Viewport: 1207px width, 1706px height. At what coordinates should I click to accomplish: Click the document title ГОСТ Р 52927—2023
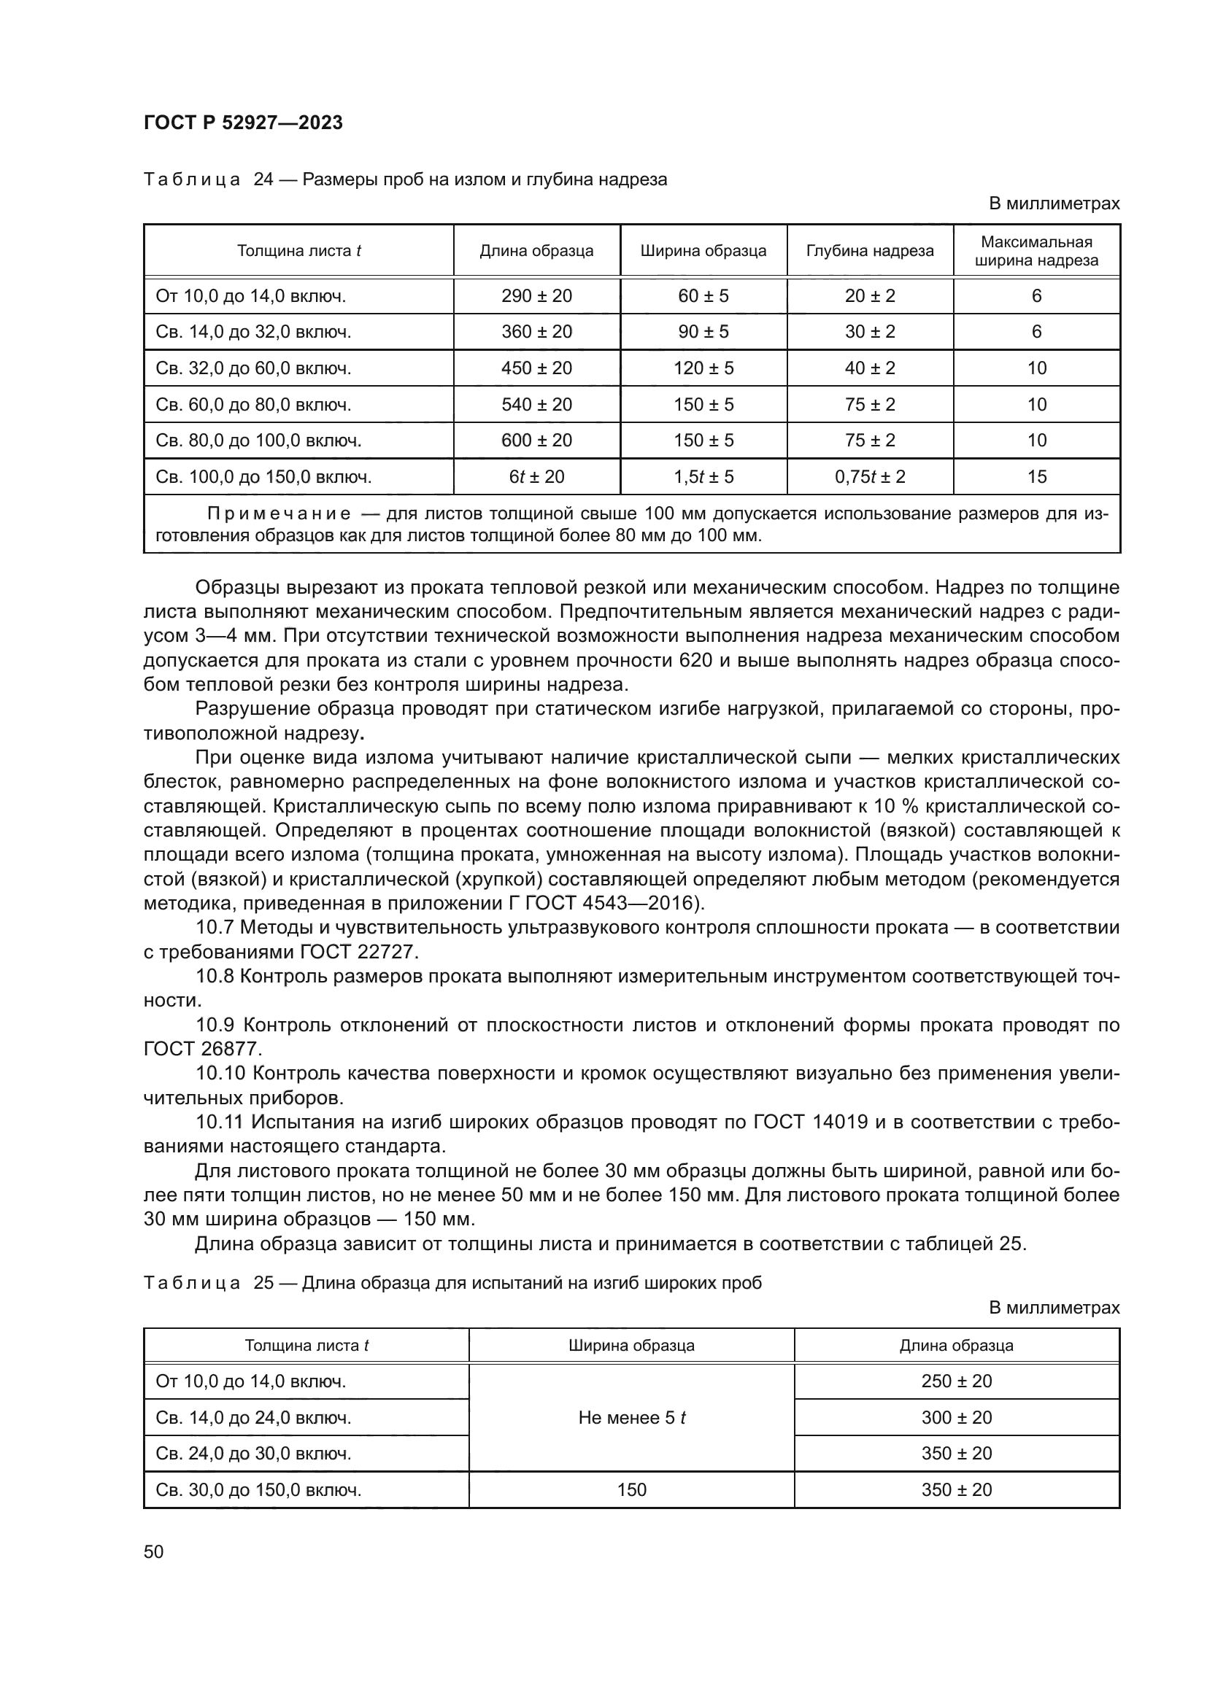[x=243, y=123]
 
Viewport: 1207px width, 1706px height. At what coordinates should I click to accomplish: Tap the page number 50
[x=154, y=1551]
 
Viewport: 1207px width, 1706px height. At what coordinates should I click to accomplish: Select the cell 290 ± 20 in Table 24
[x=536, y=295]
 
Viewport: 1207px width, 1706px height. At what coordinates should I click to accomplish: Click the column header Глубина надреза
[x=870, y=250]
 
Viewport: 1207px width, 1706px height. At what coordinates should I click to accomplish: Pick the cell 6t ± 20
[x=536, y=476]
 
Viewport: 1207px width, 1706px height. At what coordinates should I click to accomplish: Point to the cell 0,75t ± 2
[x=870, y=476]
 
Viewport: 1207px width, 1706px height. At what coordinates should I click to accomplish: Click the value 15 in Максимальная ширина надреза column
[x=1036, y=476]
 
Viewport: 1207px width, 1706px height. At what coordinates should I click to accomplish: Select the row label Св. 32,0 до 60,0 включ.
[x=252, y=368]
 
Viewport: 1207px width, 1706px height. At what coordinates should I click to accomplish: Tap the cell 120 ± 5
[x=703, y=368]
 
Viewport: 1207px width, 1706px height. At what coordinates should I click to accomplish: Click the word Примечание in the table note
[x=279, y=514]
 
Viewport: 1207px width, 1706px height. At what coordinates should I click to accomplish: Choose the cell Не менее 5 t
[x=631, y=1418]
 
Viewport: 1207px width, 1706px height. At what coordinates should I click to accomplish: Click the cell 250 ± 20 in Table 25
[x=957, y=1381]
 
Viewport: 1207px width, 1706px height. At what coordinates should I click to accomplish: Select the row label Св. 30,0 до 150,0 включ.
[x=258, y=1490]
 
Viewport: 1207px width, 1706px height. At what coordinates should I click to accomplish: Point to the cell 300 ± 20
[x=957, y=1418]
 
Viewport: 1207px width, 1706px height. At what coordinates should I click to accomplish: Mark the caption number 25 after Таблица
[x=264, y=1283]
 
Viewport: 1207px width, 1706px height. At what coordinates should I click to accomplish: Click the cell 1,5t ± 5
[x=703, y=476]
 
